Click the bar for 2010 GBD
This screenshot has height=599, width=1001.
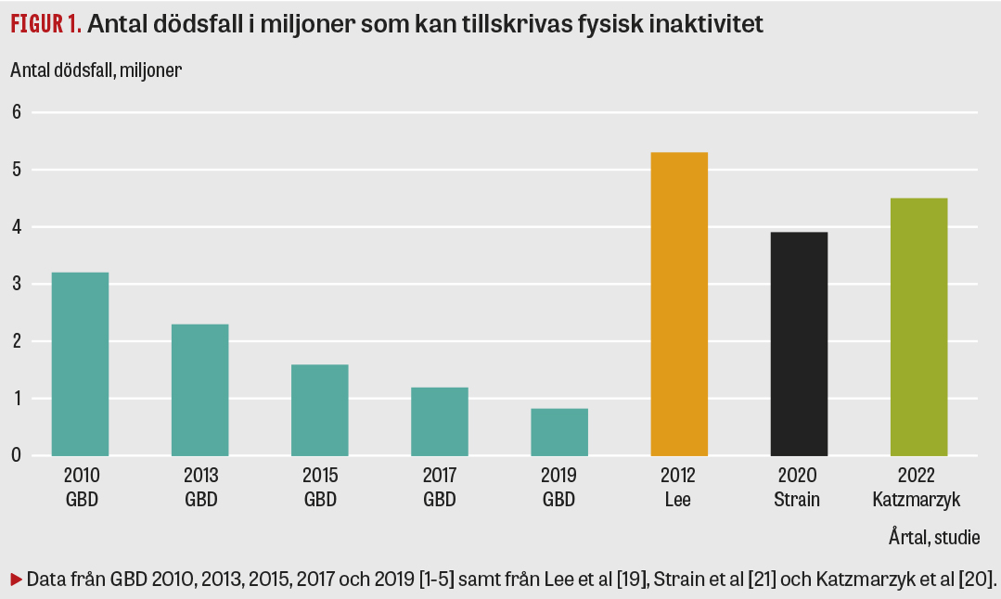[81, 363]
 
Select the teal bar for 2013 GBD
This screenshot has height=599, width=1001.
[200, 389]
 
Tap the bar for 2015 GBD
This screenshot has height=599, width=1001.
[320, 410]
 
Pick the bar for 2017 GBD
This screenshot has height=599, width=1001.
[440, 421]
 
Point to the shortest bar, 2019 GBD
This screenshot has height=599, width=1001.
[559, 432]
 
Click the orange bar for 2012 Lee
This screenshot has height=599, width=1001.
[679, 304]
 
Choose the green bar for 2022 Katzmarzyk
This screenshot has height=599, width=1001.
[918, 326]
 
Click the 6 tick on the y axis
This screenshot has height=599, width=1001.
[15, 112]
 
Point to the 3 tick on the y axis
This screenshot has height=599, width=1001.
[15, 284]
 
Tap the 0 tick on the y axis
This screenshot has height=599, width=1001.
[15, 455]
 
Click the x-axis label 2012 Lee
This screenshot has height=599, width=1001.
[679, 488]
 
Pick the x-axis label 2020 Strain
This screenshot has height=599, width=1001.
[799, 488]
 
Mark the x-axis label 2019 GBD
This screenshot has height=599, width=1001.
[559, 488]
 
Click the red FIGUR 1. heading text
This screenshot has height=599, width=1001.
[46, 25]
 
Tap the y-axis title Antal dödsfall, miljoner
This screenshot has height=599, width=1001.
[96, 70]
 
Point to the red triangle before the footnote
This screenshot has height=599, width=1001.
[16, 580]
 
